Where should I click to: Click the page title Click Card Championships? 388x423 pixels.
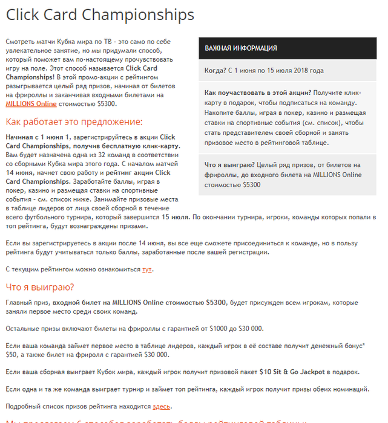(x=100, y=15)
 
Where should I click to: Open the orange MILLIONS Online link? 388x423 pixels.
(x=31, y=104)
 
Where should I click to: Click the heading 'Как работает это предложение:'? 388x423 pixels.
(x=74, y=121)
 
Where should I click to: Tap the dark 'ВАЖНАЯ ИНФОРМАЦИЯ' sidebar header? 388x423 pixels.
(x=241, y=48)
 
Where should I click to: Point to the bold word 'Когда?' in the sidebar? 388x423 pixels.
(x=215, y=70)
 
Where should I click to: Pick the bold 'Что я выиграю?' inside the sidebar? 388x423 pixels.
(x=229, y=164)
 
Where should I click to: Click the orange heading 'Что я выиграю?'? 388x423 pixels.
(x=39, y=286)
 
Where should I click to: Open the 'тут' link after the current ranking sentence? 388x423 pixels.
(x=147, y=269)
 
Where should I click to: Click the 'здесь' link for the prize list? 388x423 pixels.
(x=161, y=406)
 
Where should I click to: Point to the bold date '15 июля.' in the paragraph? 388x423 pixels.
(x=175, y=217)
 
